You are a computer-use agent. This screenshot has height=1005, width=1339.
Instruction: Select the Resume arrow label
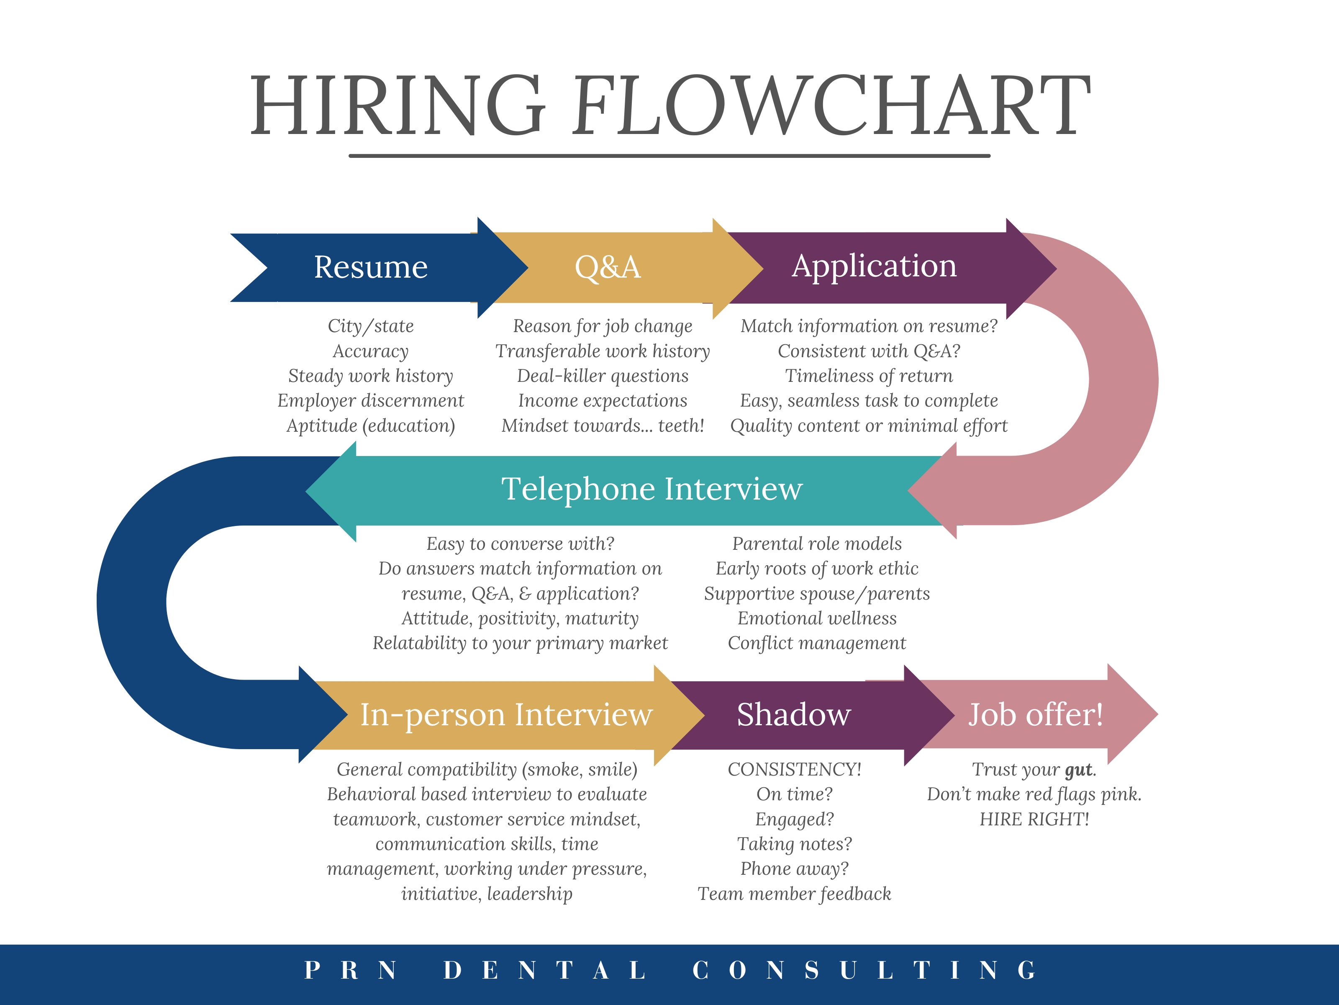370,267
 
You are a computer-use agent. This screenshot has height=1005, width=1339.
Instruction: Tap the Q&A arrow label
607,267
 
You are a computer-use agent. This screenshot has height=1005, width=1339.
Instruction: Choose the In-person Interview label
506,715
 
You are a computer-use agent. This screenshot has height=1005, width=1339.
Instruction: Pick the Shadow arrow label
794,715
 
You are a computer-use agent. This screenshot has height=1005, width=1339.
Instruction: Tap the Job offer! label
1035,715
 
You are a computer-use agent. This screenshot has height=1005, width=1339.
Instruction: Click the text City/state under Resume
370,326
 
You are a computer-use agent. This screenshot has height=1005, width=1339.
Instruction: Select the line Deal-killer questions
602,376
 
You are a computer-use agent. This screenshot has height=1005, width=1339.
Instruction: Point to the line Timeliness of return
869,376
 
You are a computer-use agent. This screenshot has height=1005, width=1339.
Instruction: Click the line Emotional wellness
817,618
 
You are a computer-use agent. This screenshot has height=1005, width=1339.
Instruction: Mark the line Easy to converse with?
520,544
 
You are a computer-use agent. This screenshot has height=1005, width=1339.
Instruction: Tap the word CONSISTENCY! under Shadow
794,769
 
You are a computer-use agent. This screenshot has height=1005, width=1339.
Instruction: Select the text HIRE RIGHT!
1034,819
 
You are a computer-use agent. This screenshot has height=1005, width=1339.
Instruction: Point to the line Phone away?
794,869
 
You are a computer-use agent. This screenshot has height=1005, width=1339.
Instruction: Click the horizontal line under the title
669,156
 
